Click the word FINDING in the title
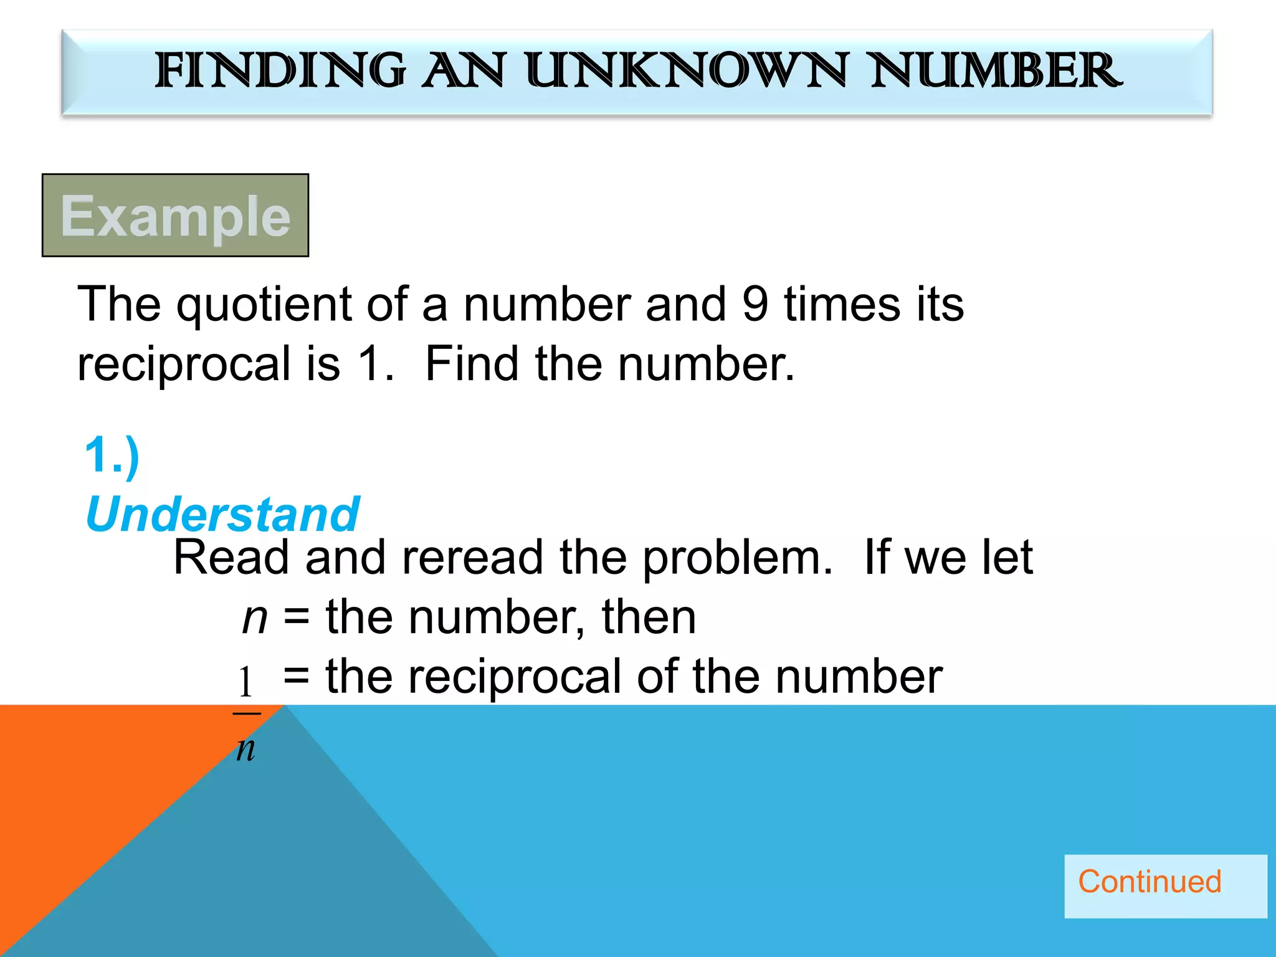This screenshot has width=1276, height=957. [x=279, y=70]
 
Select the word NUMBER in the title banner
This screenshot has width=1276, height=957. [x=996, y=70]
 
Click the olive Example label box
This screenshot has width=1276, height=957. [x=175, y=215]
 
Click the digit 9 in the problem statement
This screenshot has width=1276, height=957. [x=755, y=304]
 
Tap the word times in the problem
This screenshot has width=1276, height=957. [x=842, y=304]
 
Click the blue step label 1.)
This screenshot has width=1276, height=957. [x=112, y=455]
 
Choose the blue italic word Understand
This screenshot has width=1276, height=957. [x=222, y=515]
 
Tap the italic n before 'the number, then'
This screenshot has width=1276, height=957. [x=255, y=617]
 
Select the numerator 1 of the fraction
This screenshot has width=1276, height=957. [x=246, y=682]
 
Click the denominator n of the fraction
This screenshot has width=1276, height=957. [x=246, y=748]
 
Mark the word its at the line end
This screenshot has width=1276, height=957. [x=940, y=304]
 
